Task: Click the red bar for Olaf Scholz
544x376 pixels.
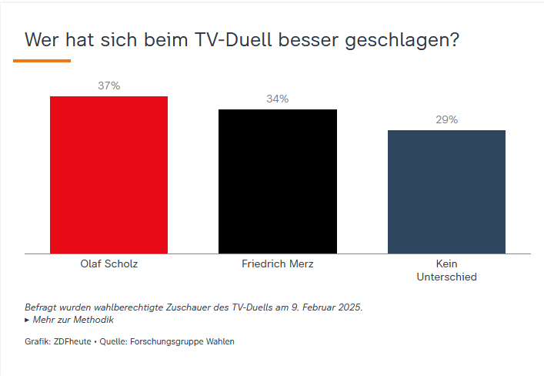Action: click(108, 175)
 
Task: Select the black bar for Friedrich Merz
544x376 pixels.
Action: click(278, 181)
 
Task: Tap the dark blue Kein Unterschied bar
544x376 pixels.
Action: click(446, 192)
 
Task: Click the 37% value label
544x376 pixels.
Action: click(108, 86)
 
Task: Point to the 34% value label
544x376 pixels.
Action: click(278, 99)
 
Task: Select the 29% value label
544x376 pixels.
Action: click(446, 119)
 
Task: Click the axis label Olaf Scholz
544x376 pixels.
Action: click(108, 264)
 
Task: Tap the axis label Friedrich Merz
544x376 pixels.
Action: click(278, 264)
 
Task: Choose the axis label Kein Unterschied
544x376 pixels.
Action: click(446, 270)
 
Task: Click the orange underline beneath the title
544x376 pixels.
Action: click(42, 60)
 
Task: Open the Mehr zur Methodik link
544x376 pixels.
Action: click(73, 320)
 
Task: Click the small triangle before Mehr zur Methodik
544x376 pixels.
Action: click(28, 320)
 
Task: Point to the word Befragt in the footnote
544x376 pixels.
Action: click(40, 307)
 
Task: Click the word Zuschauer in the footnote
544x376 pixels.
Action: click(179, 307)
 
